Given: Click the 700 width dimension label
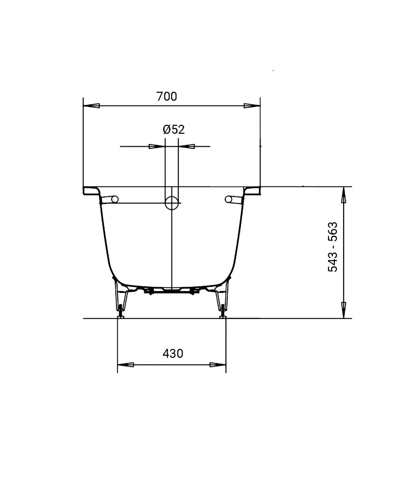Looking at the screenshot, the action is click(167, 96).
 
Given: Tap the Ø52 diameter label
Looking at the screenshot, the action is click(174, 130).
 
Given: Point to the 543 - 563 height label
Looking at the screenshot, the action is click(332, 247).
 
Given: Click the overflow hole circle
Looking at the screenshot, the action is click(172, 203).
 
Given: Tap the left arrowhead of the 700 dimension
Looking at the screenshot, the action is click(92, 106).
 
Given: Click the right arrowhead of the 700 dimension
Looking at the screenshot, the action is click(252, 106).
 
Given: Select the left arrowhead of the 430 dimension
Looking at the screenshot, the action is click(126, 365).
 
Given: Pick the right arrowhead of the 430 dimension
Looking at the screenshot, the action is click(218, 365).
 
